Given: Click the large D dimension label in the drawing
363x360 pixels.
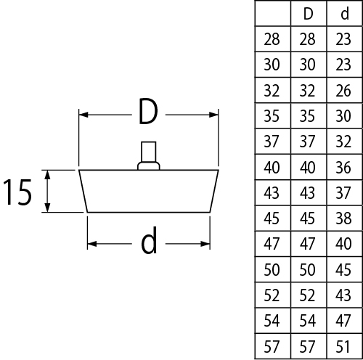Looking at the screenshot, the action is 148,112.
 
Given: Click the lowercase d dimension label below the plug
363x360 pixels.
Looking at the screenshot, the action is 149,240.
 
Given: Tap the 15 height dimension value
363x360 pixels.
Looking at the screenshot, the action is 17,192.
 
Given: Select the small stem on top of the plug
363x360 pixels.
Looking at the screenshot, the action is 149,155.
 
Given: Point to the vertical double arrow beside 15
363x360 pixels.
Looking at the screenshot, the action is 48,191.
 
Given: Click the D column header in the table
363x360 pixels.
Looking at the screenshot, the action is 309,14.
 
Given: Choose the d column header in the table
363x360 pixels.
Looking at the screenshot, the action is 345,14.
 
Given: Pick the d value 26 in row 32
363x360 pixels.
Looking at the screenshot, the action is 343,91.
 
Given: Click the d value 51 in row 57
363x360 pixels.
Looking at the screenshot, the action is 343,347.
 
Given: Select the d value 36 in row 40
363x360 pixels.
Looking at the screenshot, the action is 343,168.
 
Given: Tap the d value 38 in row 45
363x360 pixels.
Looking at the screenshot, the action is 343,218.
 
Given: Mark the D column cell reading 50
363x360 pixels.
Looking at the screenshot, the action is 307,270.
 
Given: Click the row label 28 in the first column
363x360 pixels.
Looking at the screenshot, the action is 272,39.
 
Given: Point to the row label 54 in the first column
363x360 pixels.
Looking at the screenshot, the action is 272,321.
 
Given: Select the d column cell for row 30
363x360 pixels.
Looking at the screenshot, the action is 343,65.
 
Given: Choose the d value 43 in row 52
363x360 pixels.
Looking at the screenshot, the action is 343,295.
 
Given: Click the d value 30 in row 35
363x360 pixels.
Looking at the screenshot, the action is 343,116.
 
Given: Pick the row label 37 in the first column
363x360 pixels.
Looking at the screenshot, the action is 272,142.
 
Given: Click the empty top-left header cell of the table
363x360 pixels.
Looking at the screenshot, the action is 273,13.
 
